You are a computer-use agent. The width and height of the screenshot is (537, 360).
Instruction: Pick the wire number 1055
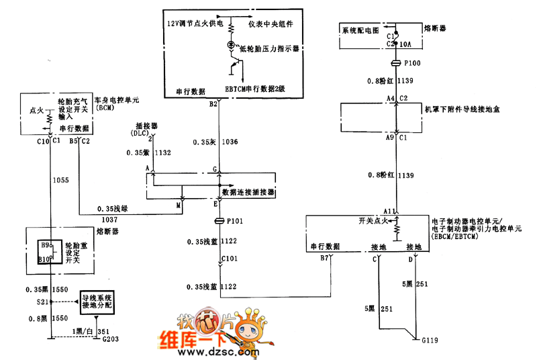60,181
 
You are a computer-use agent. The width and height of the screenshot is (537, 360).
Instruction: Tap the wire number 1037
109,219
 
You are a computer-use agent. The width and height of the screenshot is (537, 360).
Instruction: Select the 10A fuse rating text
405,44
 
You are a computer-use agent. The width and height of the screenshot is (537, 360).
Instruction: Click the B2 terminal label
213,104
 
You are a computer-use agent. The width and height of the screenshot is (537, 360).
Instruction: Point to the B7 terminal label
324,257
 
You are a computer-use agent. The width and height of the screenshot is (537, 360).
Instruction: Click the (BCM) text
106,107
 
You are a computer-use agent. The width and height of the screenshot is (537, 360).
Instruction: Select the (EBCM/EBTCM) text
458,237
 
